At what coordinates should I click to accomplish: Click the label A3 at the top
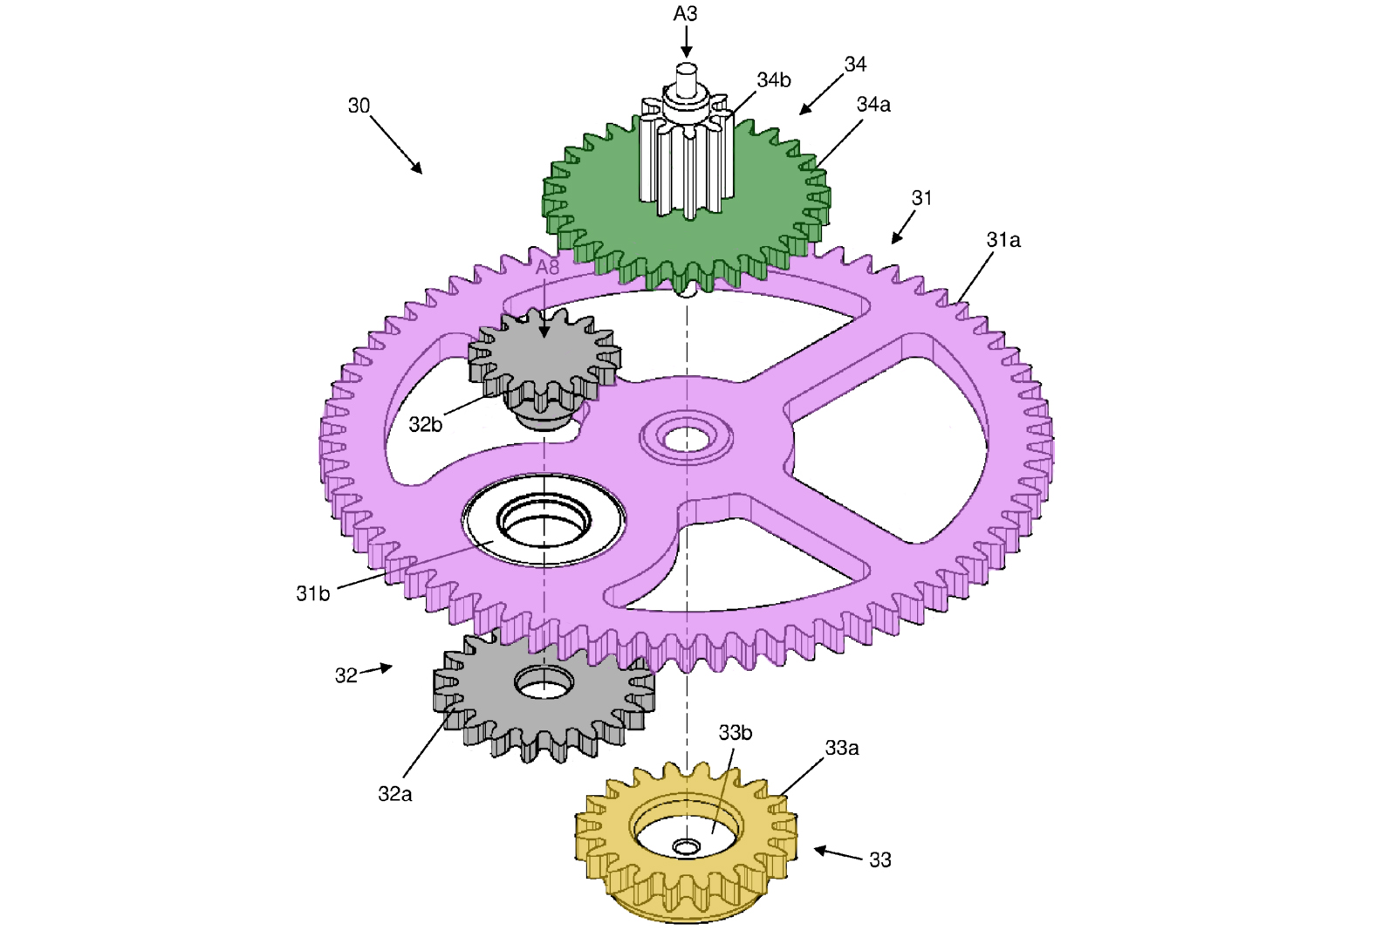685,14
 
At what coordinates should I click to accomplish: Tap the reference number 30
359,106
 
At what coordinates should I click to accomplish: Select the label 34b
773,80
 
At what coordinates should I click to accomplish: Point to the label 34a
872,105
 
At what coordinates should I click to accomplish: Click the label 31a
1003,240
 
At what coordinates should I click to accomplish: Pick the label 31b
312,594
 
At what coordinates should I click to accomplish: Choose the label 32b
425,425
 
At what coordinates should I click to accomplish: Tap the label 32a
394,794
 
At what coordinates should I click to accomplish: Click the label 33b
735,733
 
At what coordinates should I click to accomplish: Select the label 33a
841,748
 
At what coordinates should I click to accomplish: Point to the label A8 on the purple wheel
547,268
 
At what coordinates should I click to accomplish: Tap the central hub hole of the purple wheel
687,437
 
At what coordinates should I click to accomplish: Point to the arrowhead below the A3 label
686,51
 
